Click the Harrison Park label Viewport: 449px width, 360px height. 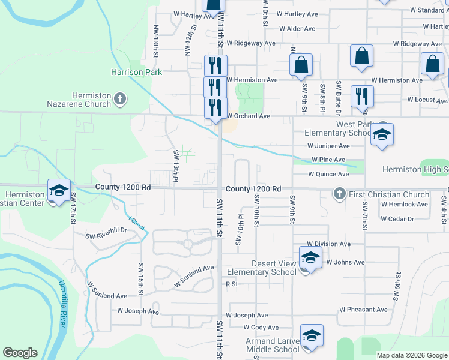(136, 72)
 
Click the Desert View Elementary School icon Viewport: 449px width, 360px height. (310, 257)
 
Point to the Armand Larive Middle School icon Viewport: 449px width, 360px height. (311, 336)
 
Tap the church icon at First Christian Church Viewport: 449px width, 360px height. (340, 194)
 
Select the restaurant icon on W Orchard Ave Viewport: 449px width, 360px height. (215, 107)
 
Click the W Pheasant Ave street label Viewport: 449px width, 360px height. (363, 310)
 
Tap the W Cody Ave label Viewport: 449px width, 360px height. (261, 328)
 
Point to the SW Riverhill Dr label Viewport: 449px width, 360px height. (107, 230)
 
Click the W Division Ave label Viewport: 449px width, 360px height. (328, 244)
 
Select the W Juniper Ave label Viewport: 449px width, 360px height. (328, 146)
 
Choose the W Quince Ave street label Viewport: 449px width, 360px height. (328, 175)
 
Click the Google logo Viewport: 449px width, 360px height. (20, 353)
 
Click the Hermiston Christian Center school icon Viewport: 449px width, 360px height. (59, 190)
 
